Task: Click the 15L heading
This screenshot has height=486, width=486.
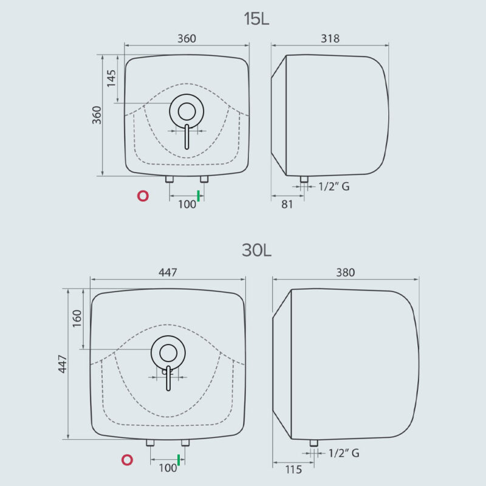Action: [256, 19]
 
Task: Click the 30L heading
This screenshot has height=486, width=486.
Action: [256, 250]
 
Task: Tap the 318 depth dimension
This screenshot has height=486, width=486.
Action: [330, 38]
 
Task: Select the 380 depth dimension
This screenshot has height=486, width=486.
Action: [346, 272]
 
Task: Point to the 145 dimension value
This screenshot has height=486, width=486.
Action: [111, 78]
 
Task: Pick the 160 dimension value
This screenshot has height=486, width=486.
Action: [77, 318]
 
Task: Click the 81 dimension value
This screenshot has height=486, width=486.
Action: [287, 204]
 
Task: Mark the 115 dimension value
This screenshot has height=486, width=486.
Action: [293, 470]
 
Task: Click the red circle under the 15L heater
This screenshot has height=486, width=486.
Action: [143, 196]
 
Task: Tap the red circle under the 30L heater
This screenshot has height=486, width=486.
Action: [127, 460]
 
